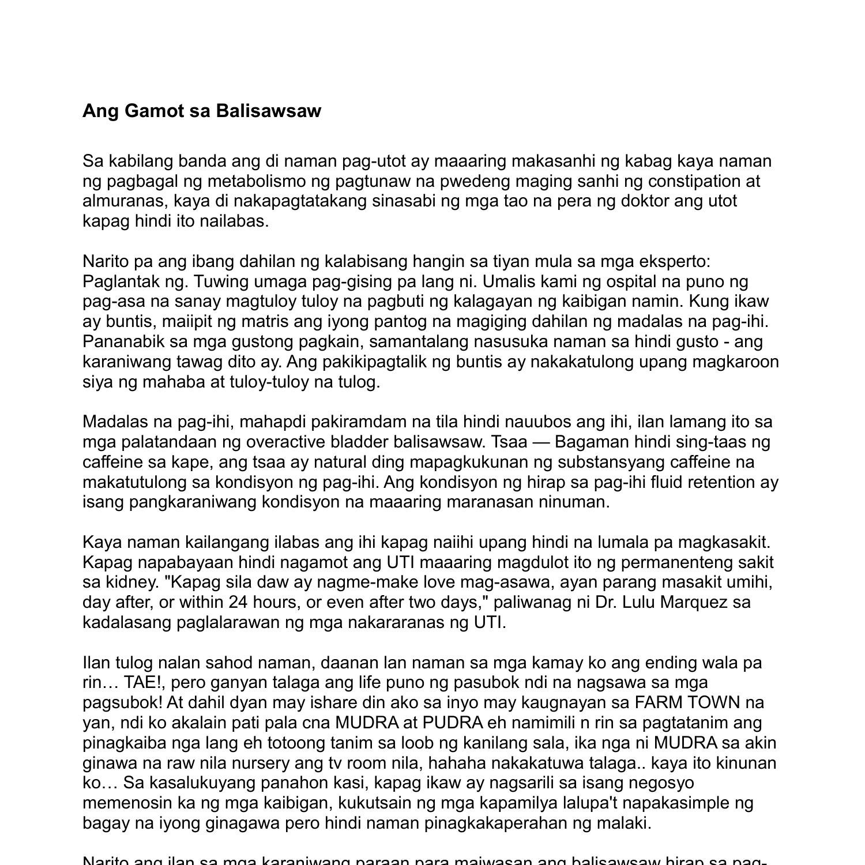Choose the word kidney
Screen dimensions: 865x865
(131, 582)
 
